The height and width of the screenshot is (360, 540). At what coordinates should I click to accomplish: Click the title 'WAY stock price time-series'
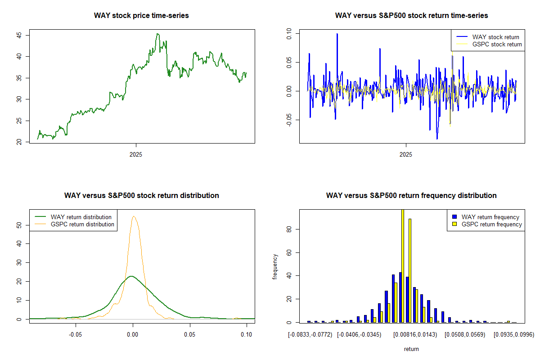point(141,15)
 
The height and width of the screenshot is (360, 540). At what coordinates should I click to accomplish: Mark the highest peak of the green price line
point(157,34)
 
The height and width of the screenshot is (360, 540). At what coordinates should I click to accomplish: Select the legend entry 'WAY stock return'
point(495,37)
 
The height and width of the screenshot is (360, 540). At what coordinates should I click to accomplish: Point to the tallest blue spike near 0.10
point(337,34)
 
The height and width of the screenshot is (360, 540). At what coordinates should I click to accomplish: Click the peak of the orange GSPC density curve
point(134,216)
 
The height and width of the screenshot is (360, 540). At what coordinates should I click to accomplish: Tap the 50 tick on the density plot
point(19,225)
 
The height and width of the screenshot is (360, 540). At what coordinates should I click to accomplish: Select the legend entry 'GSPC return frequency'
point(492,224)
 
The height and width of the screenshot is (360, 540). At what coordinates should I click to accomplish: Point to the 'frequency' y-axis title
point(275,267)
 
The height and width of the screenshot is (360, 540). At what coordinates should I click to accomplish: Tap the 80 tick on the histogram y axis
point(289,229)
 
